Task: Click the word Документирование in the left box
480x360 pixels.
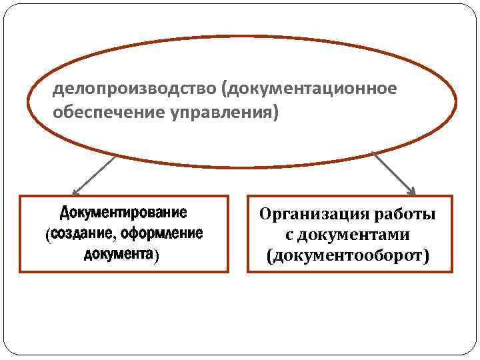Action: [124, 213]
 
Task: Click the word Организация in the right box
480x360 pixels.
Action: [312, 215]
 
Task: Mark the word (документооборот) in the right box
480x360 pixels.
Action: [348, 255]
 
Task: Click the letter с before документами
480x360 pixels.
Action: [289, 235]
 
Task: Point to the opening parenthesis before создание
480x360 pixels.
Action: [47, 235]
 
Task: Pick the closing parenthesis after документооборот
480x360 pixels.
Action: [427, 255]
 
